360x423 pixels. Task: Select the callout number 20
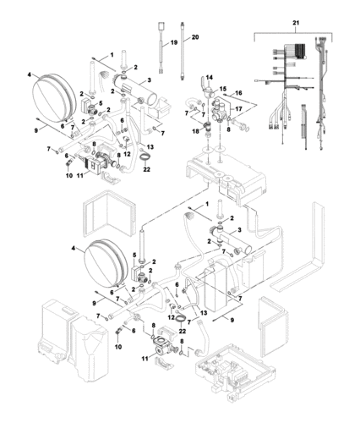point(195,38)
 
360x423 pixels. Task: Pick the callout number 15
point(224,89)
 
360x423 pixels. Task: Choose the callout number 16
point(239,93)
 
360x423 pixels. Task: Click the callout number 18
point(195,131)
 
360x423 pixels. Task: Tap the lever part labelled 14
point(203,85)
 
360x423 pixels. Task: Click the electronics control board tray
point(229,372)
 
